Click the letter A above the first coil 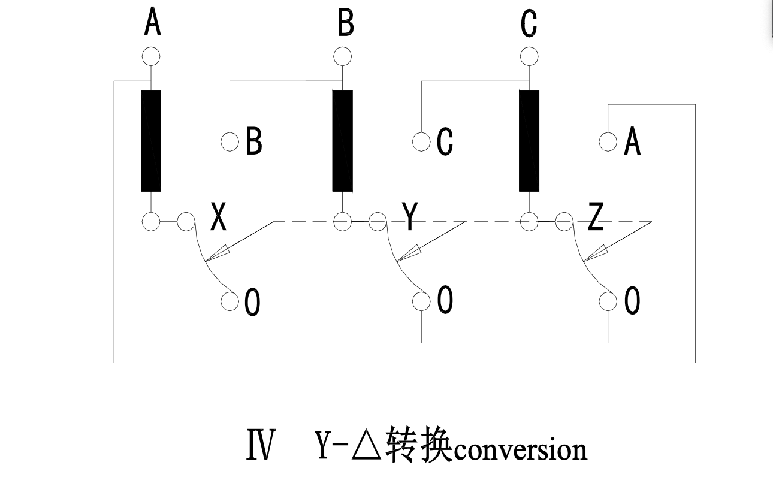tap(152, 25)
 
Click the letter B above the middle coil tap(346, 25)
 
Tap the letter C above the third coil tap(529, 25)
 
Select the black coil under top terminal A tap(151, 141)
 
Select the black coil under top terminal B tap(343, 141)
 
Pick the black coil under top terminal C tap(529, 141)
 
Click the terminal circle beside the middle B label tap(230, 142)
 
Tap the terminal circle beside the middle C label tap(422, 142)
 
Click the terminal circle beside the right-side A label tap(608, 142)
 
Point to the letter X tap(219, 218)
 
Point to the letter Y tap(409, 217)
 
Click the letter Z tap(595, 218)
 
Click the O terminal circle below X tap(230, 301)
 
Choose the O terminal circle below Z tap(608, 301)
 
